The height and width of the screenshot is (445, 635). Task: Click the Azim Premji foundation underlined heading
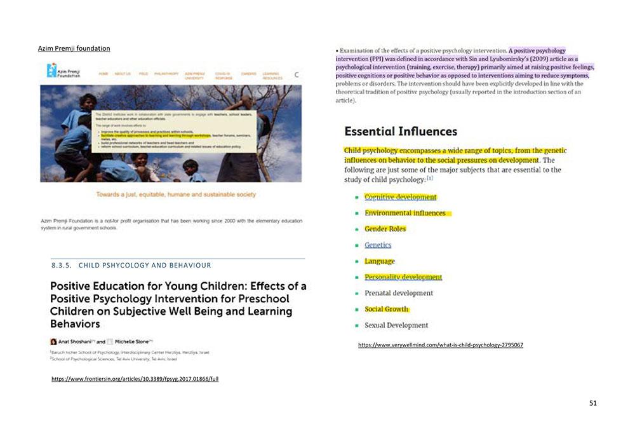pyautogui.click(x=74, y=48)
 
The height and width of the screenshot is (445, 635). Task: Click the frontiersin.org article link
pyautogui.click(x=135, y=379)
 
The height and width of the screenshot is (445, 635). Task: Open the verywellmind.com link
pyautogui.click(x=440, y=345)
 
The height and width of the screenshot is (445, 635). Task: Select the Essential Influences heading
pyautogui.click(x=400, y=132)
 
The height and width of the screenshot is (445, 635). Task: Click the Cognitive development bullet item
pyautogui.click(x=400, y=197)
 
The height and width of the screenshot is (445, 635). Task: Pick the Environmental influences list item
pyautogui.click(x=404, y=213)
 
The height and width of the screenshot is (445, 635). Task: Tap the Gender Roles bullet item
pyautogui.click(x=385, y=229)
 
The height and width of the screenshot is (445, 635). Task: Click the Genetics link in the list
pyautogui.click(x=378, y=245)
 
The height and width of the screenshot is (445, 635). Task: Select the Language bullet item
pyautogui.click(x=379, y=261)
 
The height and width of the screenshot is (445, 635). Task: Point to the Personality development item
pyautogui.click(x=403, y=277)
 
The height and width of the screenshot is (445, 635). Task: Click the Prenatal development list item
pyautogui.click(x=398, y=293)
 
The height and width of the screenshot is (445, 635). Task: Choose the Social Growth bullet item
pyautogui.click(x=386, y=309)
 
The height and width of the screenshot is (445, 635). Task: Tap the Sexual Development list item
pyautogui.click(x=396, y=325)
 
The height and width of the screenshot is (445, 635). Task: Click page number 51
pyautogui.click(x=592, y=403)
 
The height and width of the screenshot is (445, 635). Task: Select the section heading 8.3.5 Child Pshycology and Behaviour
pyautogui.click(x=131, y=265)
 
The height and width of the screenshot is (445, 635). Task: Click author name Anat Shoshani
pyautogui.click(x=72, y=341)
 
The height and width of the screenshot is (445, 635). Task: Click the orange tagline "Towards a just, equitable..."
pyautogui.click(x=176, y=194)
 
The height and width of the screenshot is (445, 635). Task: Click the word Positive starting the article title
pyautogui.click(x=72, y=286)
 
